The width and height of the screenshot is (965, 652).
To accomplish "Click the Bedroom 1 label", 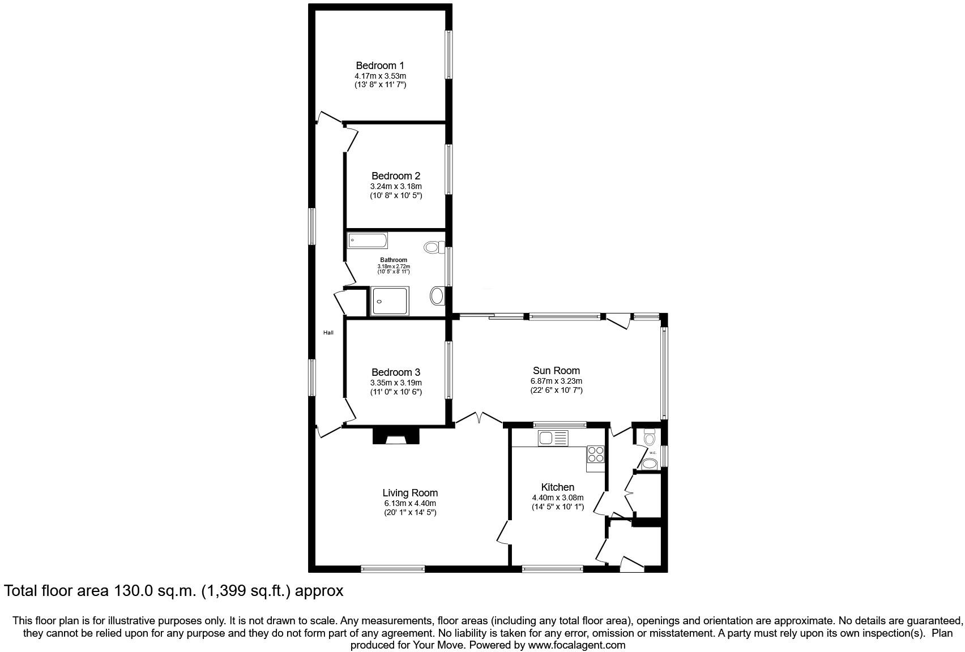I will point(379,66).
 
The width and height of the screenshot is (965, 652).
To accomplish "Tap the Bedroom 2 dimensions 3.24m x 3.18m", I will point(396,186).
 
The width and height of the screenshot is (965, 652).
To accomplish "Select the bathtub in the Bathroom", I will point(368,241).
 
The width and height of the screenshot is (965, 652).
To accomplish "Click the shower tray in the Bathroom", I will point(389,301).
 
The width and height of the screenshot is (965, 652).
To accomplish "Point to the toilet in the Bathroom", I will point(434,247).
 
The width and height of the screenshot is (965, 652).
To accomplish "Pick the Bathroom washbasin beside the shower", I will point(438,295).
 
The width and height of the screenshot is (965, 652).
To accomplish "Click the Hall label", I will point(328,333).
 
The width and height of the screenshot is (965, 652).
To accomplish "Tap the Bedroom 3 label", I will point(395,372).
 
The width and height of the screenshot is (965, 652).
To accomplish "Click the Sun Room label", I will point(556,371).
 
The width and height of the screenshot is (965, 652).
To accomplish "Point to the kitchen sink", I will point(553,437).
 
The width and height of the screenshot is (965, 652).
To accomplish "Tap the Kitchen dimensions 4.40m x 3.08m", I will point(557,498).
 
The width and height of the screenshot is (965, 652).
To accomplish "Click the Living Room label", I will point(409,493).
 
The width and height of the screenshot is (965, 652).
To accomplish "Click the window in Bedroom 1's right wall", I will point(449,55).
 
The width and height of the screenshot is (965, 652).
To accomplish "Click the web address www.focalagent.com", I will point(577,645).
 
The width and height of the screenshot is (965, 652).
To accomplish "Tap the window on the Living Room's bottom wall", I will point(392,569).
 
